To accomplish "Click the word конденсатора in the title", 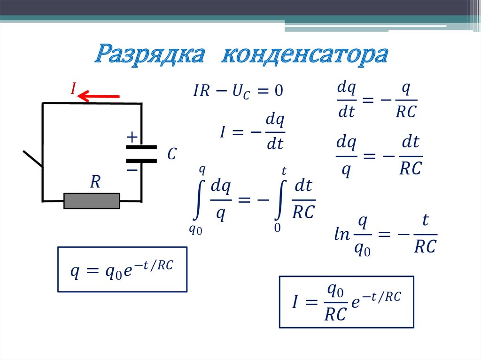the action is pos(304,55).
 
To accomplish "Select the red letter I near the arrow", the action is pos(73,88).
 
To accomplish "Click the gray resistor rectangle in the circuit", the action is pos(92,200).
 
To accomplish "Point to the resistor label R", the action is pos(95,182).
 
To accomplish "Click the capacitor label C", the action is pos(172,154).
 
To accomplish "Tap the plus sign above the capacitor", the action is pos(132,137).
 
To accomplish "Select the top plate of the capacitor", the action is pos(141,147).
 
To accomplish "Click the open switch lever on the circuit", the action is pos(33,159).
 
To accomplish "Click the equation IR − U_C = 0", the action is pos(238,91).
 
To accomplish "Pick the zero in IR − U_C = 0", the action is pos(279,90).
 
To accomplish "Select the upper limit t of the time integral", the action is pos(284,171).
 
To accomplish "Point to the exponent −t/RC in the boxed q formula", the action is pos(153,265).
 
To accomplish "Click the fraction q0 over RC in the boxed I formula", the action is pos(335,303).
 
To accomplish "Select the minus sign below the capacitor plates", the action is pos(132,169).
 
